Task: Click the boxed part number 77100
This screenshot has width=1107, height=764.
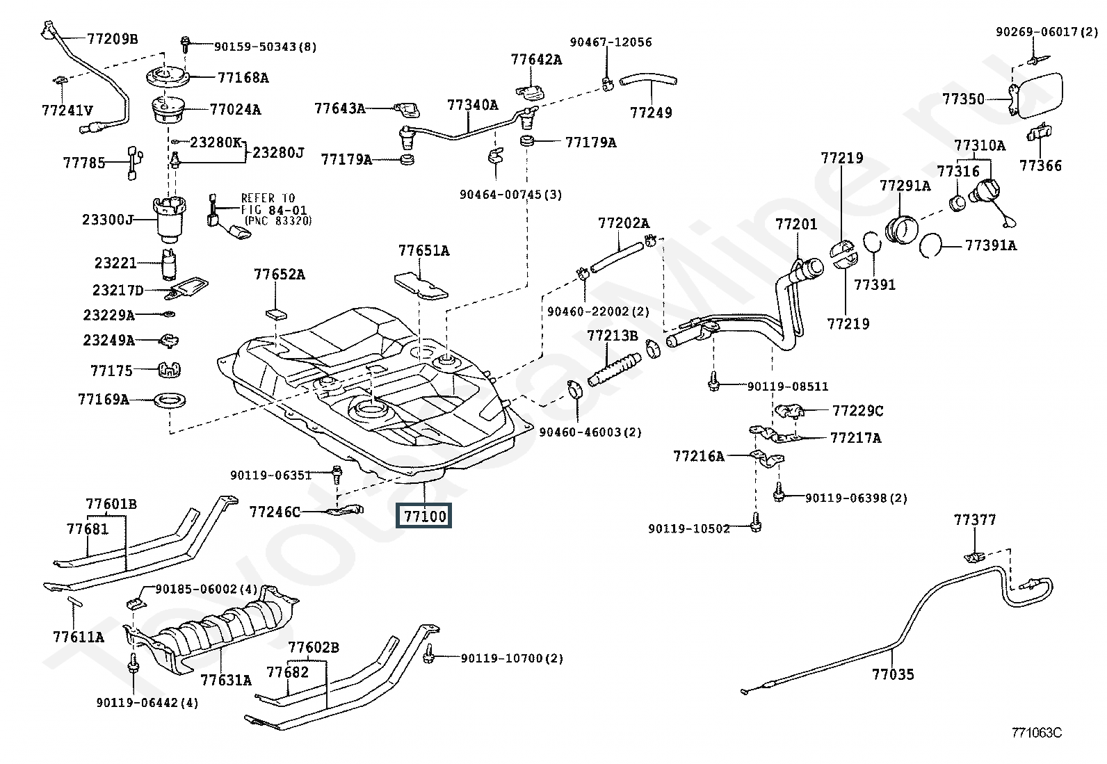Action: click(x=423, y=516)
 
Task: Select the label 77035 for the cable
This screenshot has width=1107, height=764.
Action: click(x=893, y=674)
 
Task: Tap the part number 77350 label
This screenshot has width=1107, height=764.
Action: click(x=964, y=99)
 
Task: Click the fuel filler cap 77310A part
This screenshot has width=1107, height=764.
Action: click(x=986, y=191)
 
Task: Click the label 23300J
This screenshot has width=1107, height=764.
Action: click(x=108, y=220)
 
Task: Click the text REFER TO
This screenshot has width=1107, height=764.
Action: click(x=268, y=198)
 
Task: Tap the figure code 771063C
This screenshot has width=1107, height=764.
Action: click(x=1036, y=732)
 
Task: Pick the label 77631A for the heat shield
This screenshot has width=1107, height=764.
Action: click(x=226, y=679)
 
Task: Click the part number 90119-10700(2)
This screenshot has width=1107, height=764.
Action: click(x=512, y=658)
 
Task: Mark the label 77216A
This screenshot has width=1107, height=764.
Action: click(x=698, y=456)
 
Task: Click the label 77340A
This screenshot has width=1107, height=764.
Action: click(x=472, y=105)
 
